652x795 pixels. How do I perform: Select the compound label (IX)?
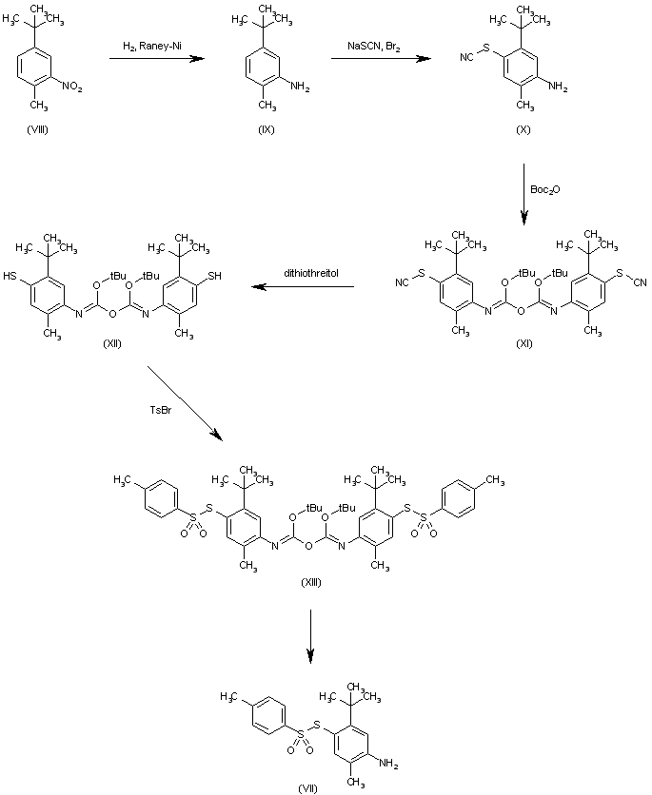[266, 129]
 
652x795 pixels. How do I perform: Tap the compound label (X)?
[523, 129]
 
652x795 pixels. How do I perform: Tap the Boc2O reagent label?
[545, 190]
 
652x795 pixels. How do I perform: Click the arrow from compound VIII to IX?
[157, 59]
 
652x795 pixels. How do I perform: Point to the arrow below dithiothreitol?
[305, 285]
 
